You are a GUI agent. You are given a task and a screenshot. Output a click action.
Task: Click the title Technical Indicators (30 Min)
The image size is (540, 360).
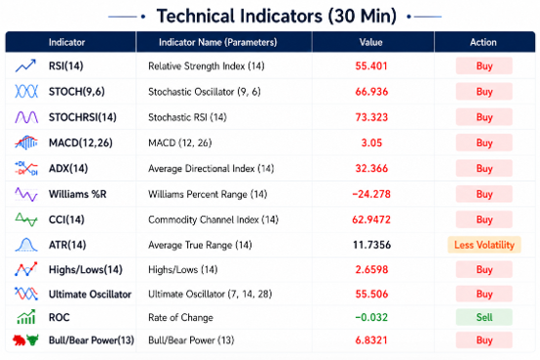pyautogui.click(x=277, y=16)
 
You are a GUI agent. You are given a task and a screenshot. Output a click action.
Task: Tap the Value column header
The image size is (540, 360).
pyautogui.click(x=371, y=42)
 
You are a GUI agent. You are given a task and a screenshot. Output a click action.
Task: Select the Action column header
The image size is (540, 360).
pyautogui.click(x=483, y=42)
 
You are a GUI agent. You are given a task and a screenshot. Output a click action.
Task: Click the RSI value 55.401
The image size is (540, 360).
pyautogui.click(x=371, y=66)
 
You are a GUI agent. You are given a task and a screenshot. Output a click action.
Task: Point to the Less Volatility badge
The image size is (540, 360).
pyautogui.click(x=484, y=245)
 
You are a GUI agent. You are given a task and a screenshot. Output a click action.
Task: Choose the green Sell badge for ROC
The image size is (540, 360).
pyautogui.click(x=484, y=317)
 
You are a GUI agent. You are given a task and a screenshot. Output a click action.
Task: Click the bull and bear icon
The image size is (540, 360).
pyautogui.click(x=25, y=340)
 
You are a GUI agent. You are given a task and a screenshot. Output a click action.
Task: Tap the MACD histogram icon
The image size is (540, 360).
pyautogui.click(x=26, y=142)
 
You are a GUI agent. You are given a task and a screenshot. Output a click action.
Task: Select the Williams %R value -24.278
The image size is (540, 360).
pyautogui.click(x=371, y=194)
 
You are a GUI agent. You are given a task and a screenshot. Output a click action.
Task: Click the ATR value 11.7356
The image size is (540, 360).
pyautogui.click(x=371, y=245)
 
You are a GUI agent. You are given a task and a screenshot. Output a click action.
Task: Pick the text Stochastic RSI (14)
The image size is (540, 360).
pyautogui.click(x=187, y=117)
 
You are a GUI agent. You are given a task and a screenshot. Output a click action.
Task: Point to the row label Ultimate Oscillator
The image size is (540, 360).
pyautogui.click(x=90, y=294)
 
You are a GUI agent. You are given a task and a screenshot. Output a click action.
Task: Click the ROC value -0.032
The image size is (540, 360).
pyautogui.click(x=371, y=317)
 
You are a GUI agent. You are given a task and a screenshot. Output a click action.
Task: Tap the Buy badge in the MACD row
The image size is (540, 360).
pyautogui.click(x=484, y=142)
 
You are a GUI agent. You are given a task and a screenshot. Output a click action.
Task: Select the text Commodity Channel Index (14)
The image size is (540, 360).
pyautogui.click(x=213, y=220)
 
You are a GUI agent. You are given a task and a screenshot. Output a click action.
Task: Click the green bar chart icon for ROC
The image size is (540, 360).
pyautogui.click(x=26, y=316)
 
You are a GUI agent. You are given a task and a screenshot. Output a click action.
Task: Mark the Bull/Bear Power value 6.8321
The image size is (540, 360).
pyautogui.click(x=371, y=340)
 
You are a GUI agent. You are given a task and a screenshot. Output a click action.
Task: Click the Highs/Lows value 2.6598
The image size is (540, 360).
pyautogui.click(x=371, y=269)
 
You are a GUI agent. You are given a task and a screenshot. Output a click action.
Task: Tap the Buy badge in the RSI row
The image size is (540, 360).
pyautogui.click(x=484, y=66)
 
